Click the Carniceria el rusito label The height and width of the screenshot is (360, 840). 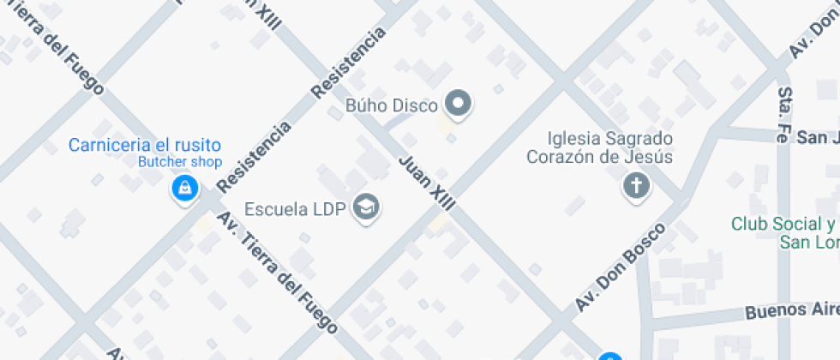pos(145,145)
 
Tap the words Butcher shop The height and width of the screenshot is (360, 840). pos(180,161)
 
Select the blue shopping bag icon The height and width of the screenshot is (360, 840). pos(184,189)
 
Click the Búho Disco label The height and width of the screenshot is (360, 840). pos(391,105)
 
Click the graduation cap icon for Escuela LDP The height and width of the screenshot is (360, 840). pos(367,207)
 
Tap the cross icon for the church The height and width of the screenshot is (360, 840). pos(636,185)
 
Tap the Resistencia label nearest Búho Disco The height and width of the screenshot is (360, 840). pos(348,63)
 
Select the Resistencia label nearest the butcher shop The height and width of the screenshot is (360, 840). pos(254,157)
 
